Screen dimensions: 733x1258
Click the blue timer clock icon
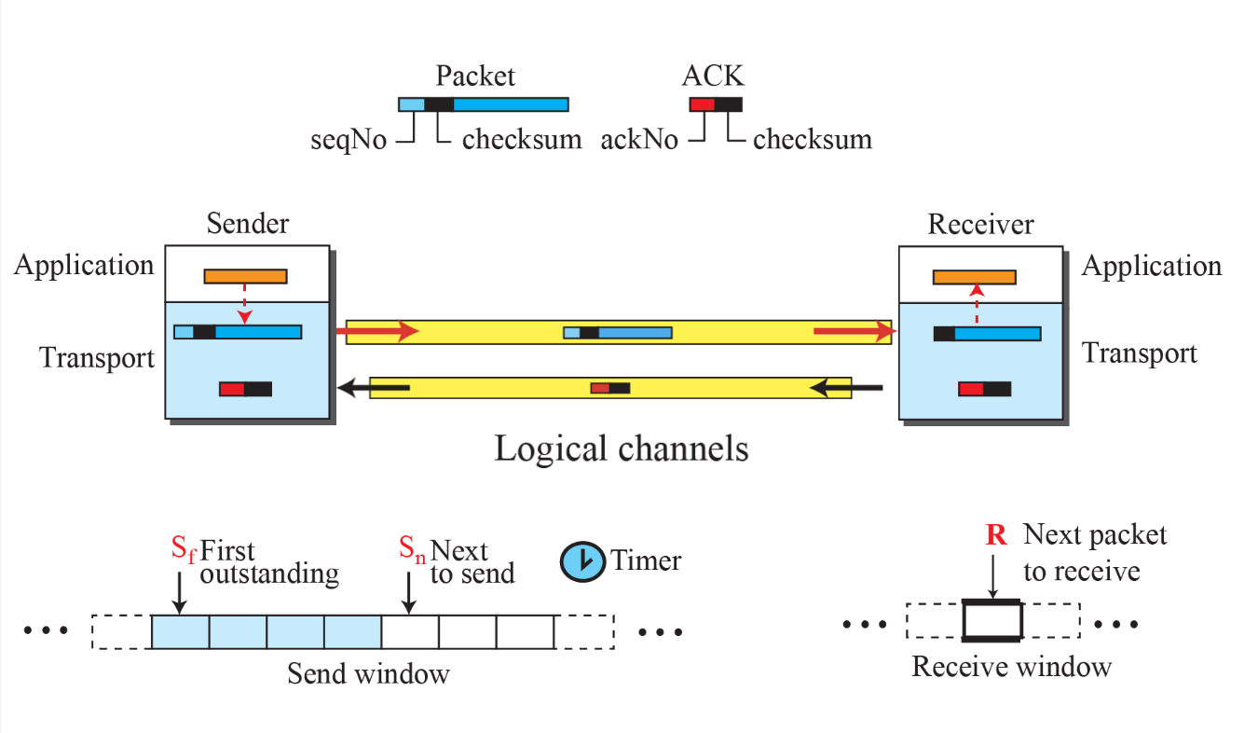coord(581,560)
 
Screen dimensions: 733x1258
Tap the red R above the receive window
coord(994,536)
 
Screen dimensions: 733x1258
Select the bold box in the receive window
coord(992,620)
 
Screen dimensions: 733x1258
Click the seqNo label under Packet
coord(349,141)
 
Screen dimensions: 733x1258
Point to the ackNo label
coord(639,141)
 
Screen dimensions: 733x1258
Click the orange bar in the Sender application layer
coord(246,276)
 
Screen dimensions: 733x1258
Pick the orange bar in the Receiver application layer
coord(975,277)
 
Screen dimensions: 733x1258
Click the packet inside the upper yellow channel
coord(618,332)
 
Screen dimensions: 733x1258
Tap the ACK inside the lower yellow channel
coord(610,387)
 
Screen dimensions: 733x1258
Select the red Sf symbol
coord(184,549)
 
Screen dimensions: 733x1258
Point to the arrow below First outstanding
coord(180,594)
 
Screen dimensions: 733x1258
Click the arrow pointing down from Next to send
coord(408,594)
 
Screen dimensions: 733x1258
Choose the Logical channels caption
coord(621,449)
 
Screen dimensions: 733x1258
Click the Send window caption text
coord(368,672)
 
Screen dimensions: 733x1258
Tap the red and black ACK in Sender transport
coord(246,389)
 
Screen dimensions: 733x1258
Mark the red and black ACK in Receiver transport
coord(984,389)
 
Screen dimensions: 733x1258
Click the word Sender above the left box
coord(248,225)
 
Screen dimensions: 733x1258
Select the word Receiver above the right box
coord(980,225)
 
